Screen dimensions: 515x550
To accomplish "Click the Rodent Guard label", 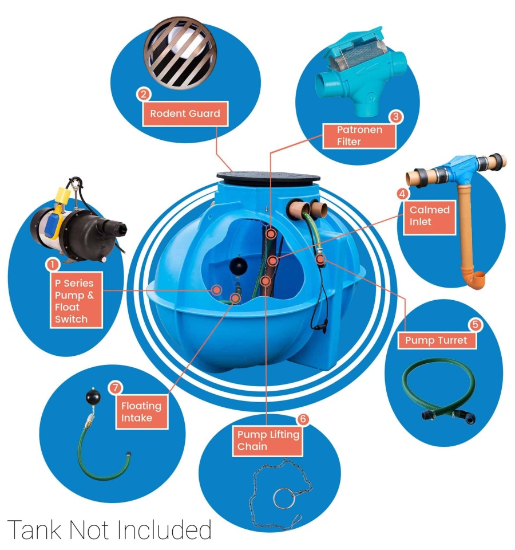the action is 185,113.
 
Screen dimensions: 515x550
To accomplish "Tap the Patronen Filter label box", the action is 359,136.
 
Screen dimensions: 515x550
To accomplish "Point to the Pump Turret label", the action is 437,340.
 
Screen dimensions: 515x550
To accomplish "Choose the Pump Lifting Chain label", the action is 267,440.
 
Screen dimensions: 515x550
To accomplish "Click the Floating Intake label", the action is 141,411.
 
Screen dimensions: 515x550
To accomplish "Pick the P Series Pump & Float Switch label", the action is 76,301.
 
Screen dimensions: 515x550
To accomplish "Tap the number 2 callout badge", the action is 144,95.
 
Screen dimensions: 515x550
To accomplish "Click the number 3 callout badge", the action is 396,116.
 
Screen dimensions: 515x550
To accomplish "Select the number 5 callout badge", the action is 476,325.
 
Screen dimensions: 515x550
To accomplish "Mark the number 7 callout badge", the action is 115,388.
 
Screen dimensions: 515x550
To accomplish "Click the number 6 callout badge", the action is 303,419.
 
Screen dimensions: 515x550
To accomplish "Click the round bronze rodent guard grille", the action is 180,53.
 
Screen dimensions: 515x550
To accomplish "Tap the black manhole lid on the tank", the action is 268,178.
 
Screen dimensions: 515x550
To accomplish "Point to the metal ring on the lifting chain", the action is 284,498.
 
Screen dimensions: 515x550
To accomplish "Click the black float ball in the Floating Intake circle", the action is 93,397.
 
